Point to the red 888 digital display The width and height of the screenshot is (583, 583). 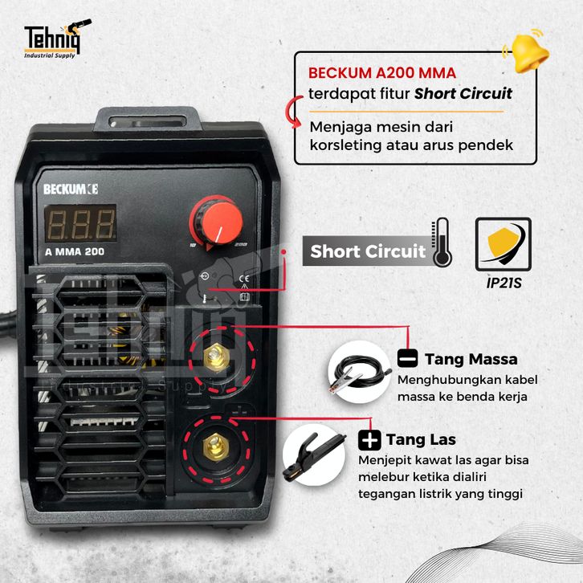coord(79,222)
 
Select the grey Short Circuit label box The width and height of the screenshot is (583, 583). coord(368,251)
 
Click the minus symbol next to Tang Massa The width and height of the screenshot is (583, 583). coord(407,358)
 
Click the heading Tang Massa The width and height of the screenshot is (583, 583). coord(471,358)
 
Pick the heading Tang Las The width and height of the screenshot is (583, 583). coord(421,439)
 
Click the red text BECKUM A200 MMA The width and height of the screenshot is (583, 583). coord(382,73)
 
